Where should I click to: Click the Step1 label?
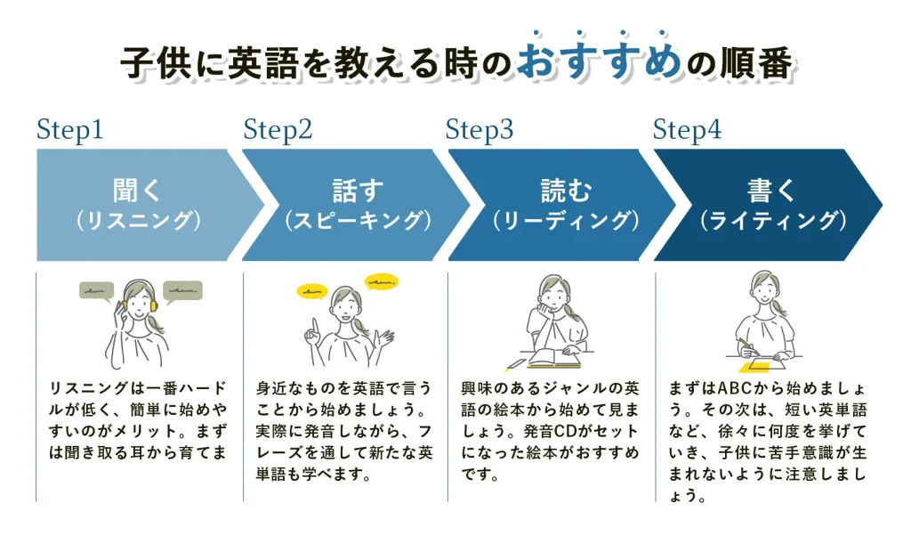70,131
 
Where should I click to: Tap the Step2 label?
278,131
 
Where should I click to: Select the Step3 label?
480,131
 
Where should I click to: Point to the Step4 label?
687,131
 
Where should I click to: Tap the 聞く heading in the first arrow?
139,191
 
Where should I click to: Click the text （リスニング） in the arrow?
139,222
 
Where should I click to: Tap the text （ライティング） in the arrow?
770,222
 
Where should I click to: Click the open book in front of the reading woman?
553,360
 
